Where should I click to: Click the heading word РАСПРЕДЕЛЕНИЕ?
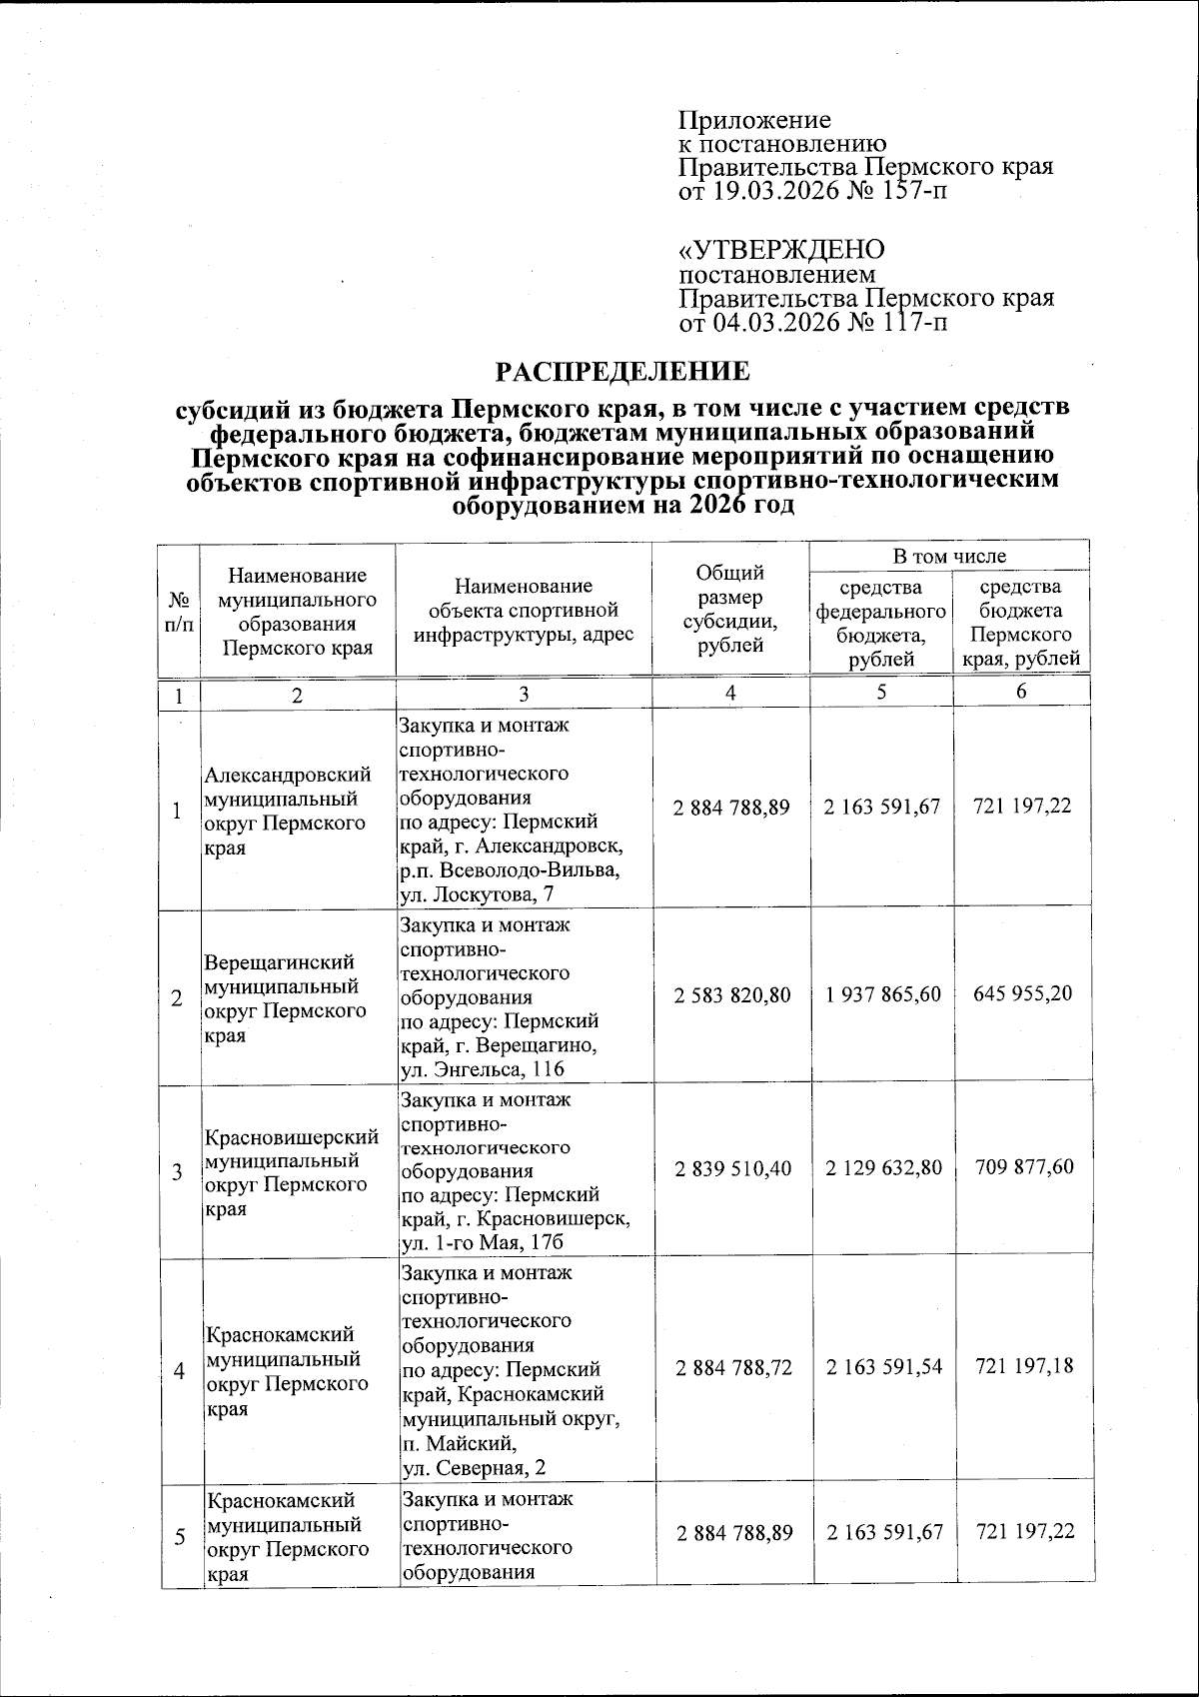point(623,372)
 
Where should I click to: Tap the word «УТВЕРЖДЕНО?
point(781,249)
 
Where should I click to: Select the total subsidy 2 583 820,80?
point(732,995)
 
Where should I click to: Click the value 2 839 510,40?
point(733,1167)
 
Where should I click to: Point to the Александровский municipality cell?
point(288,811)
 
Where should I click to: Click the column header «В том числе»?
point(949,556)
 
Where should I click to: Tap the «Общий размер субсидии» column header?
point(730,608)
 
